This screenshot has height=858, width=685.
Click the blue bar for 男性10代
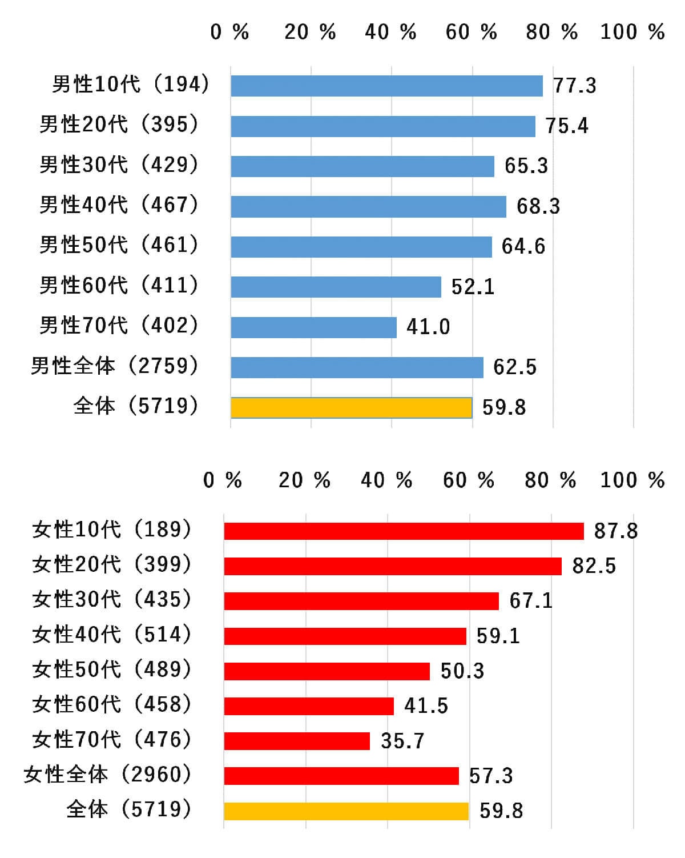pos(386,86)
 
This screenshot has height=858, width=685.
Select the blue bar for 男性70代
pos(313,327)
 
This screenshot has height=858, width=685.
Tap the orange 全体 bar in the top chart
pos(351,408)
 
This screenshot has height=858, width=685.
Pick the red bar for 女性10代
pos(404,531)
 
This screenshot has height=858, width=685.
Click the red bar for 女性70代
pos(297,741)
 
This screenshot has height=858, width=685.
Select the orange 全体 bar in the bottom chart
pos(346,811)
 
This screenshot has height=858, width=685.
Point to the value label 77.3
pos(574,86)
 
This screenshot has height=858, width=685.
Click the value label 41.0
pos(428,327)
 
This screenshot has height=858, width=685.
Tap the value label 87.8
pos(616,531)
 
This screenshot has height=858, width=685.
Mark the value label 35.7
pos(402,741)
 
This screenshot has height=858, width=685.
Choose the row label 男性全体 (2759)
pos(115,366)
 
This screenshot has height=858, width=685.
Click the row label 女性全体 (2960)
pos(108,775)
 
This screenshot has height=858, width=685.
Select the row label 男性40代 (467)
pos(119,205)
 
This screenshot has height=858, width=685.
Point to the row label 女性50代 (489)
pos(112,669)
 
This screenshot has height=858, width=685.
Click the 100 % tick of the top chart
pos(632,32)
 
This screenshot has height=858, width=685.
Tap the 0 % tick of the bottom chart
pos(223,480)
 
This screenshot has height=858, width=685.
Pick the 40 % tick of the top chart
pos(390,32)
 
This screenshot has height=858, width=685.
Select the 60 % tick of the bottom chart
pos(469,480)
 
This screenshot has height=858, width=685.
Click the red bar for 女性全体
pos(341,776)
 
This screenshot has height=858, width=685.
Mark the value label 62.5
pos(515,367)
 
